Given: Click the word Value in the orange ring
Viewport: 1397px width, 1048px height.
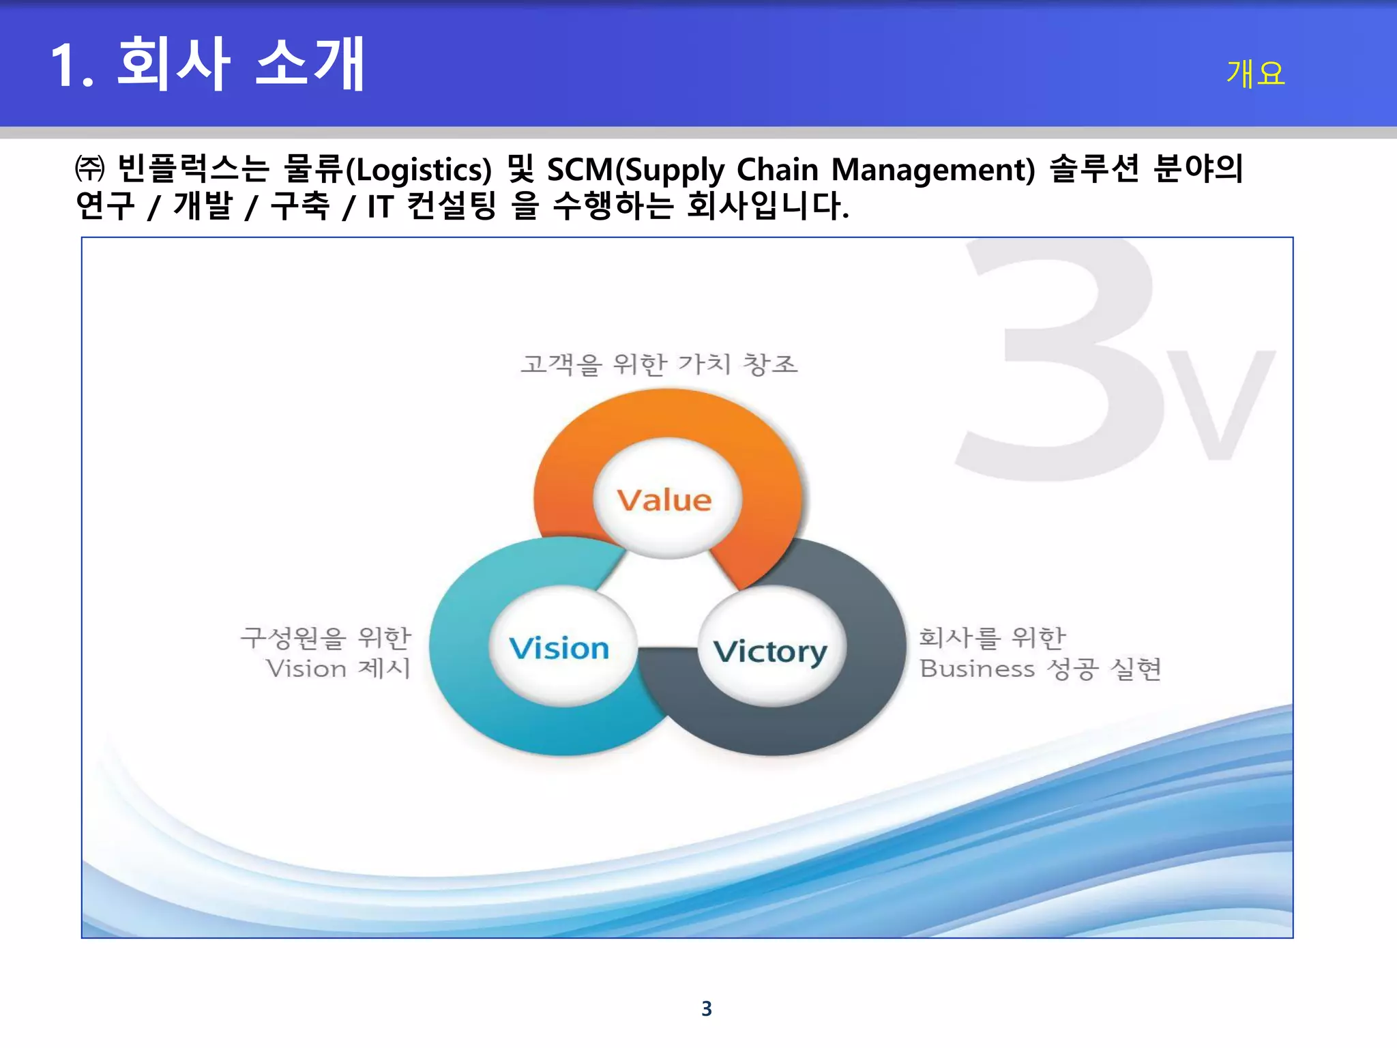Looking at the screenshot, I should (x=664, y=500).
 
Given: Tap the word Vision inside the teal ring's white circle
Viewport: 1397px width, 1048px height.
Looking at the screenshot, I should (x=559, y=648).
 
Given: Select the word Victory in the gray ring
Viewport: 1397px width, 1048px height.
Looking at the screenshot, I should (x=770, y=652).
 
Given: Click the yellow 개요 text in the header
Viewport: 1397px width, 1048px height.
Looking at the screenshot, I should (x=1255, y=74).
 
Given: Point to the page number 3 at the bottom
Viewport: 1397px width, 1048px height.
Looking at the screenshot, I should (x=707, y=1008).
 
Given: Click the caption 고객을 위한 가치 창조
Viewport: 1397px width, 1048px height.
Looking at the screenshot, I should (x=659, y=364).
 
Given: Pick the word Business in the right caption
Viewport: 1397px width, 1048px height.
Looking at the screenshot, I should (x=977, y=669).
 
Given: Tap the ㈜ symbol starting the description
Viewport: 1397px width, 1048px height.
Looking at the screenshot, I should (x=89, y=169).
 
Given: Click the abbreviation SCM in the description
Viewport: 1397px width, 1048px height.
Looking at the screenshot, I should (x=580, y=169).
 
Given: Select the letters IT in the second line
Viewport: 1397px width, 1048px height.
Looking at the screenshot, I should (x=380, y=206).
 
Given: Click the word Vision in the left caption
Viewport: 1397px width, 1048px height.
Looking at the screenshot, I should (x=306, y=669).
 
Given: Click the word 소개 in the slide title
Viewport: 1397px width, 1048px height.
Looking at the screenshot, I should (x=310, y=64).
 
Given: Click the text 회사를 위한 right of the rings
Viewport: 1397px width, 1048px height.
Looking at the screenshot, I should (x=992, y=638).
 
